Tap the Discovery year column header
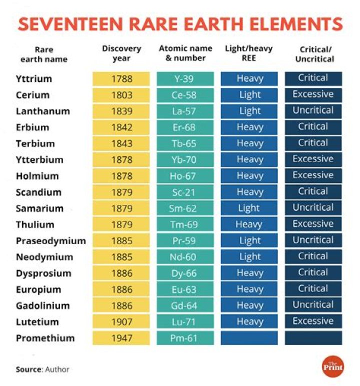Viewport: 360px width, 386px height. (x=121, y=53)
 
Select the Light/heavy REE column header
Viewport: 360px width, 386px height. (x=249, y=53)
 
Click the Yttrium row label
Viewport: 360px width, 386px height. (x=34, y=79)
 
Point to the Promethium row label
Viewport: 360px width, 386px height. (x=45, y=338)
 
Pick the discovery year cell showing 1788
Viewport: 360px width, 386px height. (x=121, y=79)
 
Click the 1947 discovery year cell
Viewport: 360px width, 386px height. (x=121, y=338)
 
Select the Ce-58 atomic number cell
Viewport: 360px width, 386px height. (x=185, y=95)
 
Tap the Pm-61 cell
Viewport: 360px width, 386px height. (x=185, y=338)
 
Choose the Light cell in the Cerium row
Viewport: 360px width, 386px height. (x=249, y=95)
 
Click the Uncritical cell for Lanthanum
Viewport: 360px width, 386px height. (x=313, y=111)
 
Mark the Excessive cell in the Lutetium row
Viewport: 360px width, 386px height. (x=313, y=322)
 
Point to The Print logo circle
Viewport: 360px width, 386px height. (x=332, y=367)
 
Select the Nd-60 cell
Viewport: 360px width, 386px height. (x=185, y=257)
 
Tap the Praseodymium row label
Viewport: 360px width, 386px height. (x=50, y=241)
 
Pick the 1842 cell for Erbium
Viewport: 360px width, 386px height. (x=121, y=127)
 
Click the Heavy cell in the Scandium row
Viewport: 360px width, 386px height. (x=249, y=192)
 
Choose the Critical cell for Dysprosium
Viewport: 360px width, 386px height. (x=313, y=273)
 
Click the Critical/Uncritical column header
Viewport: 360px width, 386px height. (x=313, y=53)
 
